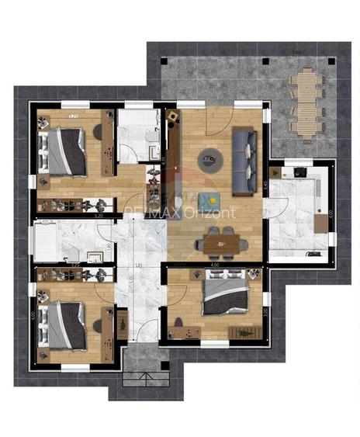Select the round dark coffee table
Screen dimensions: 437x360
coord(210,161)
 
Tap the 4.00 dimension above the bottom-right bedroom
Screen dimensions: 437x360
coord(214,265)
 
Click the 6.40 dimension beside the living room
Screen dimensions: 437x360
coord(265,186)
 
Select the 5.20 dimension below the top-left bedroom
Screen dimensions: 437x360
coord(99,216)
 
